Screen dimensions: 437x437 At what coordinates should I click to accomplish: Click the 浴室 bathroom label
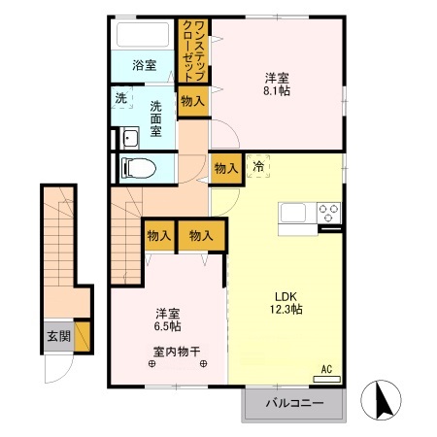pos(145,65)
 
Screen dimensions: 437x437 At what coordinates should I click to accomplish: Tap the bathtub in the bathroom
pos(144,38)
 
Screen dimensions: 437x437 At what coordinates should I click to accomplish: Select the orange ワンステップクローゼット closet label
pos(192,50)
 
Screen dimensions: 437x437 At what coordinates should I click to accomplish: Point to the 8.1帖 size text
pos(277,90)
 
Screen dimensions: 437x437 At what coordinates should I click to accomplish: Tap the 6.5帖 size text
pos(167,327)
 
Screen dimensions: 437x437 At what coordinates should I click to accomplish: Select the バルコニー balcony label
pos(292,401)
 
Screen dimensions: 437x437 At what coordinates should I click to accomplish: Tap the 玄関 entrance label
pos(57,337)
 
